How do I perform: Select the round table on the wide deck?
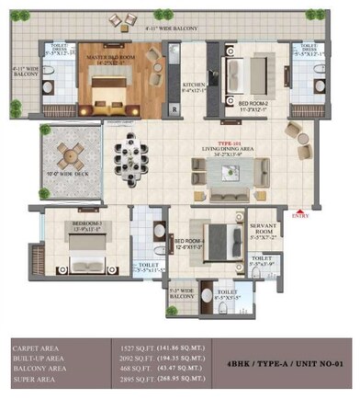(x=69, y=155)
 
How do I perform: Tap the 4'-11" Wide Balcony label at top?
(x=174, y=28)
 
